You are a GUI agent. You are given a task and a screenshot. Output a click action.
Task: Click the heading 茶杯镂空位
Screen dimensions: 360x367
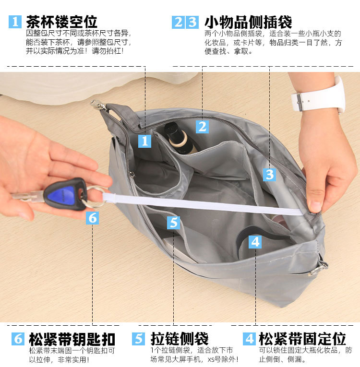pyautogui.click(x=61, y=22)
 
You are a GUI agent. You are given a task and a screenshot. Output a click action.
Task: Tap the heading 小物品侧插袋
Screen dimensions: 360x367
pyautogui.click(x=248, y=22)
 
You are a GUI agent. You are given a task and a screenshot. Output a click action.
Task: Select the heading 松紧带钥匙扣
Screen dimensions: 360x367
pyautogui.click(x=72, y=339)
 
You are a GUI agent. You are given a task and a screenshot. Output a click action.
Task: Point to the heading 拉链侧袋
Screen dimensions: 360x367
pyautogui.click(x=180, y=339)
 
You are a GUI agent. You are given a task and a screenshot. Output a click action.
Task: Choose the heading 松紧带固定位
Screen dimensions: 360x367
pyautogui.click(x=302, y=339)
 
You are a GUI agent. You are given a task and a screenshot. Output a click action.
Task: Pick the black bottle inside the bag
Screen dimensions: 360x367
pyautogui.click(x=179, y=138)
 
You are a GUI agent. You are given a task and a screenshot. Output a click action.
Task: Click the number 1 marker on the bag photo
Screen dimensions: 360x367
pyautogui.click(x=144, y=141)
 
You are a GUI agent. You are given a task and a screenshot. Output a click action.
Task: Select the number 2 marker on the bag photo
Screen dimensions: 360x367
pyautogui.click(x=202, y=127)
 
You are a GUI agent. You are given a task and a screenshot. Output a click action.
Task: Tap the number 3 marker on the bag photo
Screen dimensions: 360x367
pyautogui.click(x=269, y=175)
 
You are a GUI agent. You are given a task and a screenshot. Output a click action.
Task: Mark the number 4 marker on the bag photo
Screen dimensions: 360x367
pyautogui.click(x=255, y=242)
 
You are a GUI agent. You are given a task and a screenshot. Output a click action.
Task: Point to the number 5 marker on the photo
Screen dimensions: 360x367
pyautogui.click(x=173, y=223)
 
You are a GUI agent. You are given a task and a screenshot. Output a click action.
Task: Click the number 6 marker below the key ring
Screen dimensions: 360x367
pyautogui.click(x=92, y=218)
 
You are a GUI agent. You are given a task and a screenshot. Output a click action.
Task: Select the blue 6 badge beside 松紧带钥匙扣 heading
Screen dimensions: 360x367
pyautogui.click(x=18, y=339)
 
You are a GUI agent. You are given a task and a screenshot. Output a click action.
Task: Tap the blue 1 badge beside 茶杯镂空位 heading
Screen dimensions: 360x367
pyautogui.click(x=15, y=22)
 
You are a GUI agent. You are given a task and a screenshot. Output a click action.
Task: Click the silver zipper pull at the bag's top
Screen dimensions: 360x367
pyautogui.click(x=98, y=105)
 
